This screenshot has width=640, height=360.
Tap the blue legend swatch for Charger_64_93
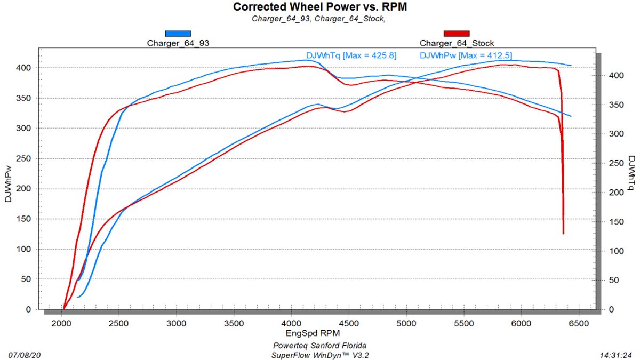tap(178, 34)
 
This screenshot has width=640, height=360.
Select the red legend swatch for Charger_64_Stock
tap(457, 34)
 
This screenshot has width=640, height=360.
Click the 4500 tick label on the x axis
tap(349, 324)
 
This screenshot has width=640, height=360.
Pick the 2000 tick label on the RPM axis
tap(62, 324)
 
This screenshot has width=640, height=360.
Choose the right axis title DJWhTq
tap(631, 173)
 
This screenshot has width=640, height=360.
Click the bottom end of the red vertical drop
tap(563, 233)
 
